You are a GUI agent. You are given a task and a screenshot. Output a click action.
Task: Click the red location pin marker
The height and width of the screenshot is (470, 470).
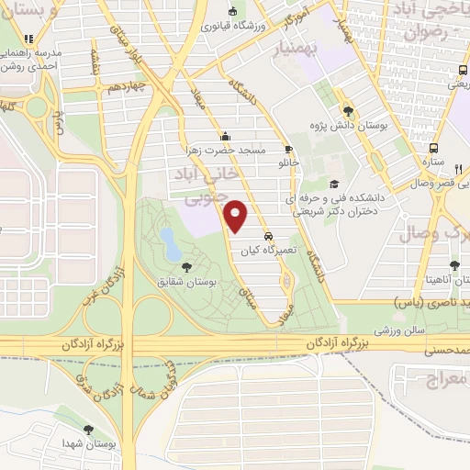(237, 216)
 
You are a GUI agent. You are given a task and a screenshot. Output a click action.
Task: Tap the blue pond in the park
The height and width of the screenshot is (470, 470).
(171, 243)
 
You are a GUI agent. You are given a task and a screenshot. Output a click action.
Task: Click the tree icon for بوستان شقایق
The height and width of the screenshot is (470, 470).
(187, 267)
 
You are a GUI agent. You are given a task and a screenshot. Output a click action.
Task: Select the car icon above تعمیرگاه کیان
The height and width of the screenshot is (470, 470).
(267, 234)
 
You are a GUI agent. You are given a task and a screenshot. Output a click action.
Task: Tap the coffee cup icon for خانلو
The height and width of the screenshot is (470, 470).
(289, 149)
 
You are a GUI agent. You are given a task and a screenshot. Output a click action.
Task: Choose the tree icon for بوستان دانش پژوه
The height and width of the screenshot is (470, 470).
(346, 107)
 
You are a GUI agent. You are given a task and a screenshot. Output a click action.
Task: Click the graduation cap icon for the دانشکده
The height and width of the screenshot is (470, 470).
(333, 183)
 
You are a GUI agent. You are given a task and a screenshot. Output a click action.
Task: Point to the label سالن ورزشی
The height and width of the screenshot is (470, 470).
(401, 327)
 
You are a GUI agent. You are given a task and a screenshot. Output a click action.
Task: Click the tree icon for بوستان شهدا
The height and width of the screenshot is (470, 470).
(88, 429)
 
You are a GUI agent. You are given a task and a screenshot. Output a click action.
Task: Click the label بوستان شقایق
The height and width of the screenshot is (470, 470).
(188, 284)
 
